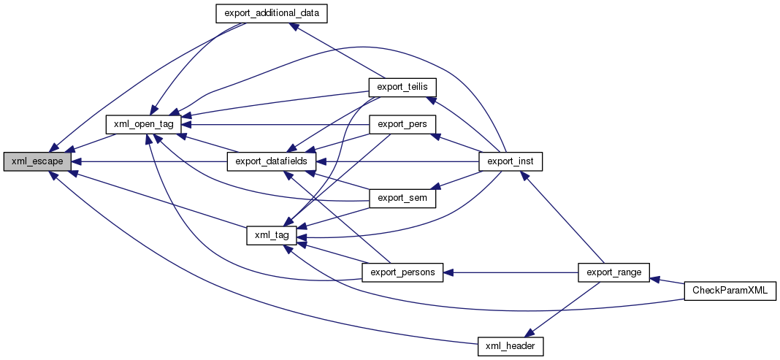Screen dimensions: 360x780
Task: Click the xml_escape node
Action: pos(37,161)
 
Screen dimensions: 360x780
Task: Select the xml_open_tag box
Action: pos(143,125)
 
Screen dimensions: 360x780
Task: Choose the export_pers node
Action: pos(402,124)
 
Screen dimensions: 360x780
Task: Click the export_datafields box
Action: pos(272,161)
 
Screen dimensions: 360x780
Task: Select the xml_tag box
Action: pos(272,235)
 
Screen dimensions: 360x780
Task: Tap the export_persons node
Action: pos(402,272)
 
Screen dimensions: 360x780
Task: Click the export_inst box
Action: pos(510,161)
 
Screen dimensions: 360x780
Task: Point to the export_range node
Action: pos(613,272)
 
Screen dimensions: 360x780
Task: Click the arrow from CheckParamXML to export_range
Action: pos(666,281)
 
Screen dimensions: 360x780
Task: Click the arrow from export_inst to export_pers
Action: pos(457,142)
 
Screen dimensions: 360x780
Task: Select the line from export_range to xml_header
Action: pos(562,308)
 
